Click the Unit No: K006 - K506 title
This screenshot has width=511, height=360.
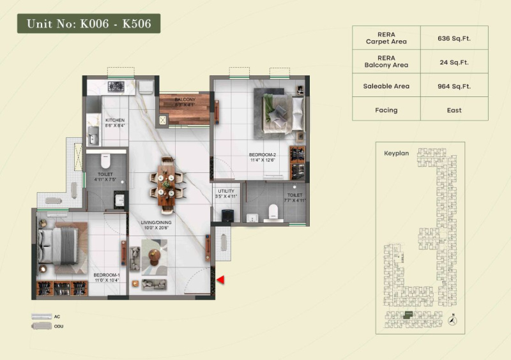88,24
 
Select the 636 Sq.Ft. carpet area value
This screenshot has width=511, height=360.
454,38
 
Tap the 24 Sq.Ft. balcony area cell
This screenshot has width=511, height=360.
454,62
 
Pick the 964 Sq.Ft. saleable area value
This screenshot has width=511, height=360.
454,86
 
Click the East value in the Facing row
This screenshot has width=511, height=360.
454,110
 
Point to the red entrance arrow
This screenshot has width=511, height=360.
220,280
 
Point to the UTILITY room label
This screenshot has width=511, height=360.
227,192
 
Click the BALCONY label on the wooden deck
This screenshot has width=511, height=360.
185,100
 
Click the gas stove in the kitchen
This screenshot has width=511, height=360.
117,86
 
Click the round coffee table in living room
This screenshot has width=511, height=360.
153,257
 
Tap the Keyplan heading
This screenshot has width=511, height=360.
396,154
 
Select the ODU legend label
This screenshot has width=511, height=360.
59,326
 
